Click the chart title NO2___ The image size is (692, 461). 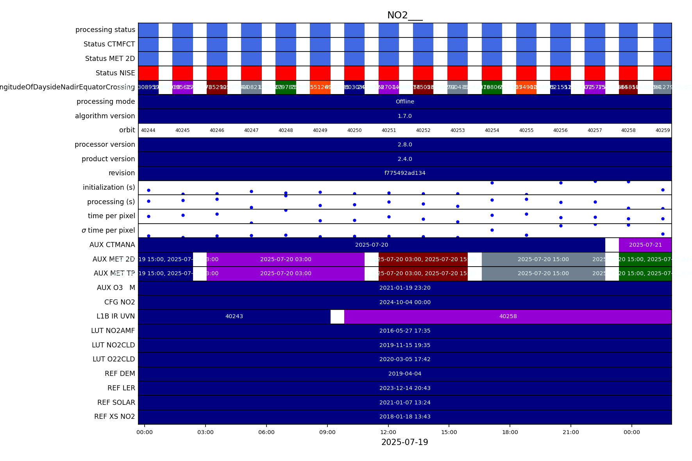(404, 15)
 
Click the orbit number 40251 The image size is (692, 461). (389, 130)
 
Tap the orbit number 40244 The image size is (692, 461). (148, 130)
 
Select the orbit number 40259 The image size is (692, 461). (663, 130)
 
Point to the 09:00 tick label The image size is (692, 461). (327, 432)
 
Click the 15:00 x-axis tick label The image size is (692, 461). (449, 432)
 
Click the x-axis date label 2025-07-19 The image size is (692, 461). (404, 442)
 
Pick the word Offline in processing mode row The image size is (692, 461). (405, 101)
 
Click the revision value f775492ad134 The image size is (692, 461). (405, 173)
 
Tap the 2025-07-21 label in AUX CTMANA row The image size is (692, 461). (646, 245)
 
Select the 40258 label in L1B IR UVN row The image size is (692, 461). (508, 316)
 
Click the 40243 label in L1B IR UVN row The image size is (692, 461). (234, 316)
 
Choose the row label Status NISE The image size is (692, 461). (115, 73)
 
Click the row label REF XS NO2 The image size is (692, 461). (114, 417)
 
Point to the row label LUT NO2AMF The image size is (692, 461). (113, 331)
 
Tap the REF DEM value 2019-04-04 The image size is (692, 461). (405, 374)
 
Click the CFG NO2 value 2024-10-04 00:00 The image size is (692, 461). (405, 302)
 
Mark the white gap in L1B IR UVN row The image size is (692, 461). (337, 317)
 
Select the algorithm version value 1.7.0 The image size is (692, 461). (405, 116)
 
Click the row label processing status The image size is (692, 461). (105, 30)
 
